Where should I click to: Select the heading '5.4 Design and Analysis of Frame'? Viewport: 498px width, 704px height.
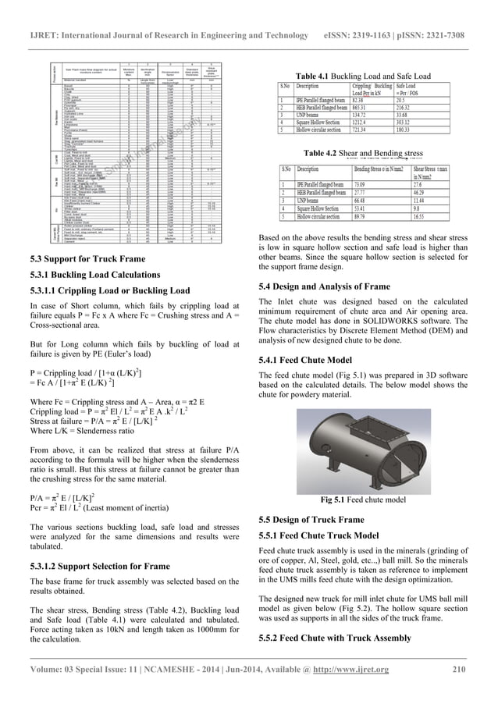324,287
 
